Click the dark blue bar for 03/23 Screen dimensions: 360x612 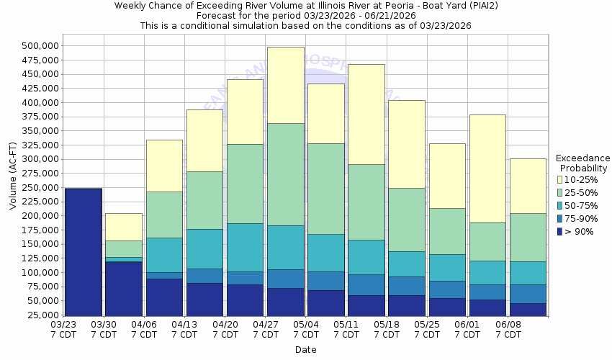[x=84, y=251]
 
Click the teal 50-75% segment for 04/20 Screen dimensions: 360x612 [x=245, y=247]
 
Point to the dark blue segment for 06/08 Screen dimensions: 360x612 [x=527, y=309]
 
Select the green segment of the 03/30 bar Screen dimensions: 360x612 [x=124, y=248]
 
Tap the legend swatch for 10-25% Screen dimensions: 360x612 [x=560, y=179]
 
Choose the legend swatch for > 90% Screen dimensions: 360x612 [x=560, y=231]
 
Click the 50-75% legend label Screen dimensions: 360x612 [x=580, y=205]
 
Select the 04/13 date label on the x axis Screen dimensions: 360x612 [x=185, y=329]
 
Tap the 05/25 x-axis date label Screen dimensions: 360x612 [x=427, y=329]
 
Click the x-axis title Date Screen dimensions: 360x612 [x=305, y=350]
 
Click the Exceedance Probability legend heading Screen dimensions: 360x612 [x=582, y=163]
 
